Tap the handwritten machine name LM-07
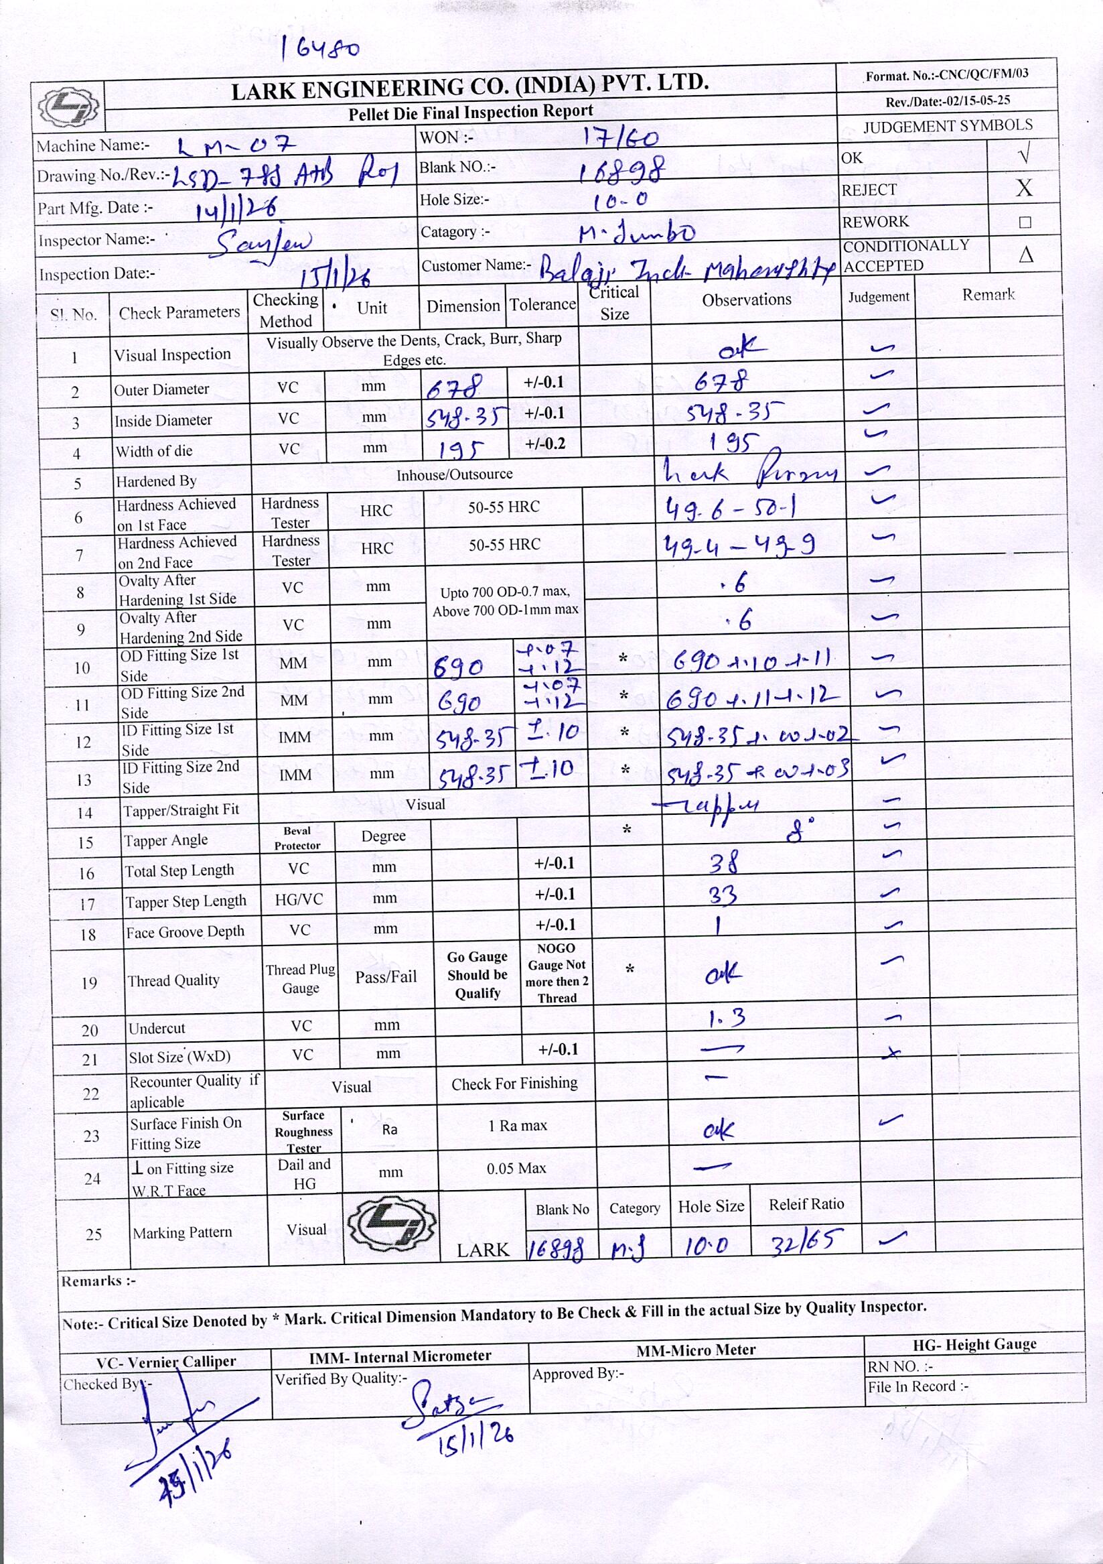(x=236, y=145)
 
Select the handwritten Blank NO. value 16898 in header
(x=620, y=170)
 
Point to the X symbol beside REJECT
(x=1023, y=188)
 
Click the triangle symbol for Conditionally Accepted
(x=1025, y=255)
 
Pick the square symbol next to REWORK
(x=1025, y=222)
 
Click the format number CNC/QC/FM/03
(x=947, y=75)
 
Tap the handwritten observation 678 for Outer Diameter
(x=721, y=382)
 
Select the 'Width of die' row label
(x=154, y=451)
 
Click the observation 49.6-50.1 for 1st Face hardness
(x=730, y=507)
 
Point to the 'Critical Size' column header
(x=614, y=303)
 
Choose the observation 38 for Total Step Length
(x=723, y=864)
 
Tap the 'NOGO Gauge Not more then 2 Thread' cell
(x=557, y=973)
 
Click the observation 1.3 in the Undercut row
(x=727, y=1019)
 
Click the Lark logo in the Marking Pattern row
(x=392, y=1226)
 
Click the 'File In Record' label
(x=917, y=1386)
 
